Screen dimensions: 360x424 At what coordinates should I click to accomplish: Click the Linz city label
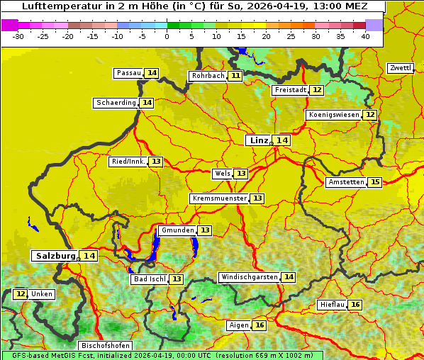pyautogui.click(x=259, y=140)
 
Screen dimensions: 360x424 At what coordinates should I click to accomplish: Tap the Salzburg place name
pyautogui.click(x=55, y=256)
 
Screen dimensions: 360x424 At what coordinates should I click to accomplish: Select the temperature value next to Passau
pyautogui.click(x=152, y=73)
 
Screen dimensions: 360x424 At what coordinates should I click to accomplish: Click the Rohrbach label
pyautogui.click(x=208, y=76)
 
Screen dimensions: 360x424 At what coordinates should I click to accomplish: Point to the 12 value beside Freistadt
pyautogui.click(x=316, y=90)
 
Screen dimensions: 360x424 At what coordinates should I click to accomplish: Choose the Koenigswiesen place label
pyautogui.click(x=334, y=115)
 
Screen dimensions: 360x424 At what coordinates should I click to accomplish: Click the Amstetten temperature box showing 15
pyautogui.click(x=375, y=182)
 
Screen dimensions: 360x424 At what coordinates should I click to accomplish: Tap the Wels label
pyautogui.click(x=222, y=174)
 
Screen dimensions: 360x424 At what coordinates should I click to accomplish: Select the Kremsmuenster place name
pyautogui.click(x=219, y=198)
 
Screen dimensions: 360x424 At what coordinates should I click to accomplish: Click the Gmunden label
pyautogui.click(x=177, y=230)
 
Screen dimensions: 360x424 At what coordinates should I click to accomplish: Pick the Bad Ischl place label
pyautogui.click(x=149, y=279)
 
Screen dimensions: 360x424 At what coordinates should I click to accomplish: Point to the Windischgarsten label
pyautogui.click(x=248, y=277)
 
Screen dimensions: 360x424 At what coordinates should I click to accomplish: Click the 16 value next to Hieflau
pyautogui.click(x=355, y=305)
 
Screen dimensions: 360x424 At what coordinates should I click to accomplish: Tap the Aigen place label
pyautogui.click(x=239, y=325)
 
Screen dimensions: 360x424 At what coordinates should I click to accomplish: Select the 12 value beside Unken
pyautogui.click(x=21, y=294)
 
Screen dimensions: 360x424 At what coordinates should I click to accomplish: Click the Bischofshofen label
pyautogui.click(x=104, y=346)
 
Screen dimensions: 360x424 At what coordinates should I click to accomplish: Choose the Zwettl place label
pyautogui.click(x=400, y=68)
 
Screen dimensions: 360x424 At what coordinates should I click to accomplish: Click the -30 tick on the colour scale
pyautogui.click(x=18, y=35)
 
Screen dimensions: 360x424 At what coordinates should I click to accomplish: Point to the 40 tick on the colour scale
pyautogui.click(x=365, y=35)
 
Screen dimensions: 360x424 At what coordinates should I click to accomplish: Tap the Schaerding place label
pyautogui.click(x=116, y=103)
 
